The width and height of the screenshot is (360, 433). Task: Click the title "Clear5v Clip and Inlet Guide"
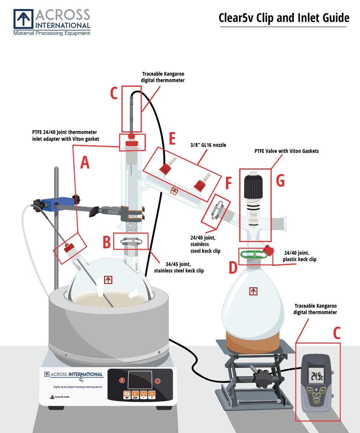point(284,18)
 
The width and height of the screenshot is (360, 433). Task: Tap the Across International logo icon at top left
point(24,19)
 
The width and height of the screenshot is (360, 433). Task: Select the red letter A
point(85,163)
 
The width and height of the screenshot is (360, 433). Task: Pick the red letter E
point(172,139)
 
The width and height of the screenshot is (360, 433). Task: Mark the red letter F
point(228,183)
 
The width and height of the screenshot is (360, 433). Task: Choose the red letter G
point(280,181)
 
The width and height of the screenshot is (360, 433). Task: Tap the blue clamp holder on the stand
point(48,205)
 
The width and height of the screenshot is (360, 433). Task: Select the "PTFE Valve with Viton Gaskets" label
point(287,151)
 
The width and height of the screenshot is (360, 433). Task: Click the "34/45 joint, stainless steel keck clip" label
point(179,267)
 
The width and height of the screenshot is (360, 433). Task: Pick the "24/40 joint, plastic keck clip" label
point(299,256)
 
